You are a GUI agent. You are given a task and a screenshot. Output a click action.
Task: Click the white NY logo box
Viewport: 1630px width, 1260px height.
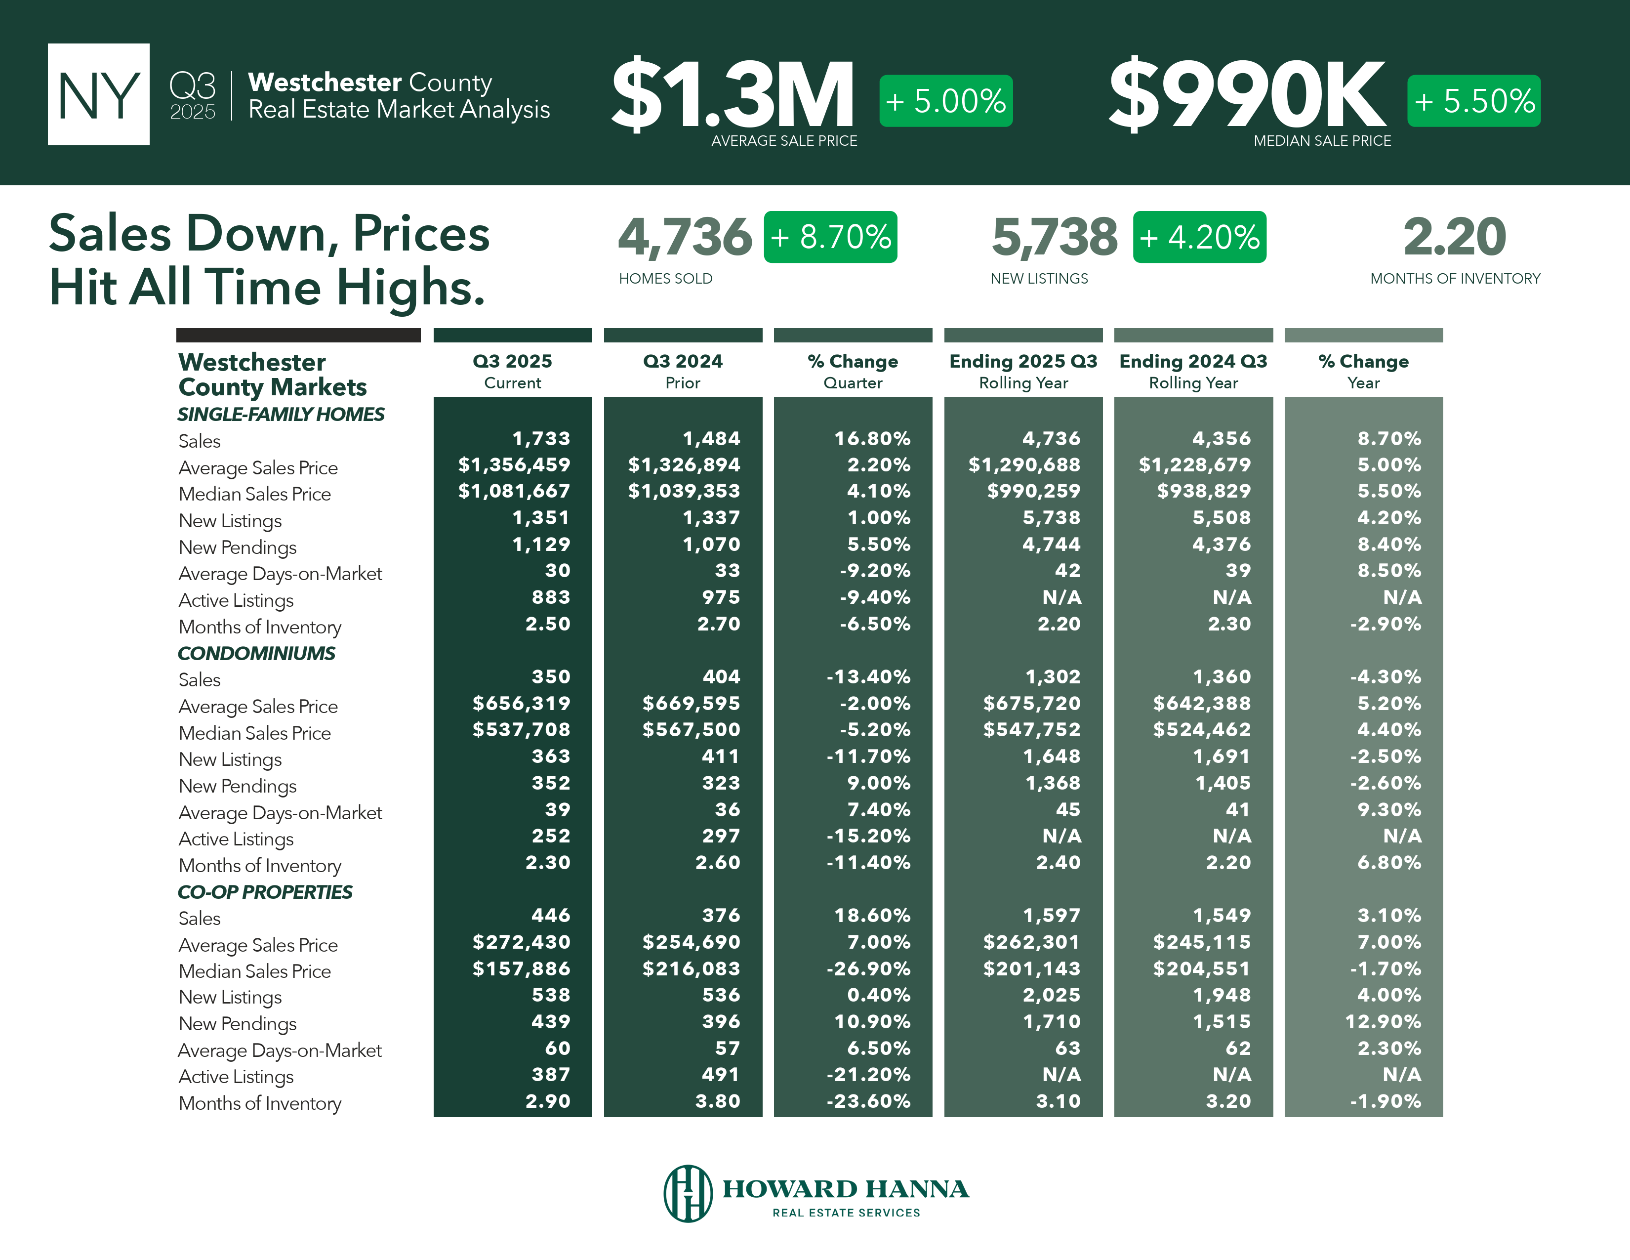tap(98, 94)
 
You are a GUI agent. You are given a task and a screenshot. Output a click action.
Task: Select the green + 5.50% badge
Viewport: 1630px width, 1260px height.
tap(1473, 101)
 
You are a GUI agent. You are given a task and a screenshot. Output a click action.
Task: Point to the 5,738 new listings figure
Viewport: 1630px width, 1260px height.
tap(1054, 237)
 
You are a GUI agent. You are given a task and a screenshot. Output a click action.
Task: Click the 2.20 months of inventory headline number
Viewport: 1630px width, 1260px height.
tap(1455, 237)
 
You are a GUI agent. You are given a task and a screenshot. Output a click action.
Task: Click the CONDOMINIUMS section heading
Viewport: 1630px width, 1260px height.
tap(256, 653)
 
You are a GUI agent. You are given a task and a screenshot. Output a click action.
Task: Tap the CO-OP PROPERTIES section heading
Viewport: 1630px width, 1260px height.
tap(265, 892)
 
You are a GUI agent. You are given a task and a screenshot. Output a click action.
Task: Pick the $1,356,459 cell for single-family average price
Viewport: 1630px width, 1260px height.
tap(514, 465)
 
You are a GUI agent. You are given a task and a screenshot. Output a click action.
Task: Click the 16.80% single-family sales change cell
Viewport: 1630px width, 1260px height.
tap(872, 438)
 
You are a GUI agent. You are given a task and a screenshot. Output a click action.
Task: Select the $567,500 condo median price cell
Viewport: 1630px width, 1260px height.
tap(691, 729)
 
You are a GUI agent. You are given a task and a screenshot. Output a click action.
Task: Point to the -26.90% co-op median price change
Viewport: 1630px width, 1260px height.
tap(868, 968)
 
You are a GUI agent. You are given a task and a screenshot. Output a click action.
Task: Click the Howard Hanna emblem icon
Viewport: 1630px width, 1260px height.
tap(688, 1193)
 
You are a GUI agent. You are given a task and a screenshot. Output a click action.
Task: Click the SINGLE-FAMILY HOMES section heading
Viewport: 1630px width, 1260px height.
tap(281, 414)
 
